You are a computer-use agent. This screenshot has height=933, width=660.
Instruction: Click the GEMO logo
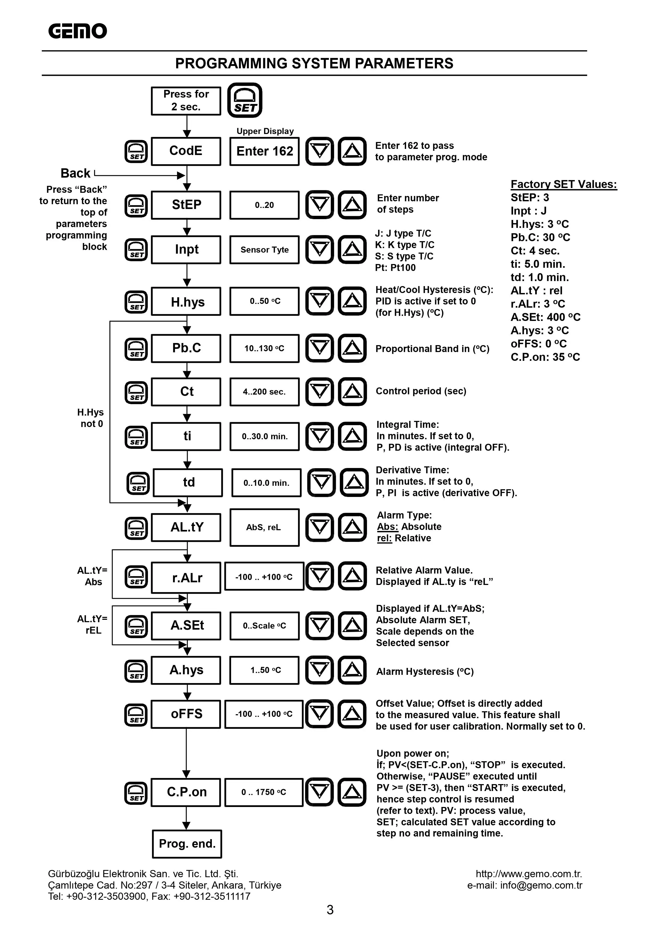pyautogui.click(x=77, y=31)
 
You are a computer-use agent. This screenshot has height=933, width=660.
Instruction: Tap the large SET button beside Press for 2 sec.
pyautogui.click(x=245, y=100)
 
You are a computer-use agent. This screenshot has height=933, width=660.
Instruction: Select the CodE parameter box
pyautogui.click(x=186, y=151)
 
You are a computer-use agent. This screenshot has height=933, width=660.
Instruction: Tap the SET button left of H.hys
pyautogui.click(x=136, y=302)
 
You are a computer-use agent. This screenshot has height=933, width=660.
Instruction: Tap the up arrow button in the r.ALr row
pyautogui.click(x=352, y=576)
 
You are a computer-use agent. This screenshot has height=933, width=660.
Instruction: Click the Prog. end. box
pyautogui.click(x=187, y=844)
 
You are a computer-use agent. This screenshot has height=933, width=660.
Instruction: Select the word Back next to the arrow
pyautogui.click(x=75, y=174)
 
